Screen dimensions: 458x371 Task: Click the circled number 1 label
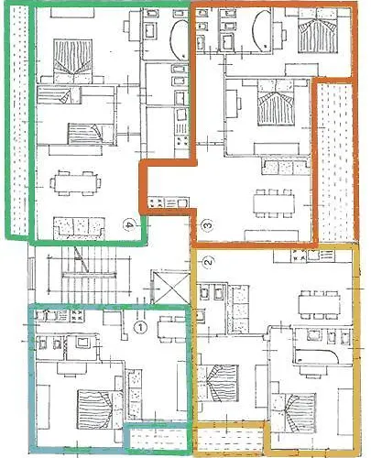point(140,324)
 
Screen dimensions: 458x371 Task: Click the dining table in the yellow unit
point(318,300)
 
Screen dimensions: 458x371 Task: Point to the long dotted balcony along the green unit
point(17,119)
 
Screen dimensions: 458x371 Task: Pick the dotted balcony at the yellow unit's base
point(229,437)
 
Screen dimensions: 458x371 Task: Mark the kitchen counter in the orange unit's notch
point(169,201)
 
